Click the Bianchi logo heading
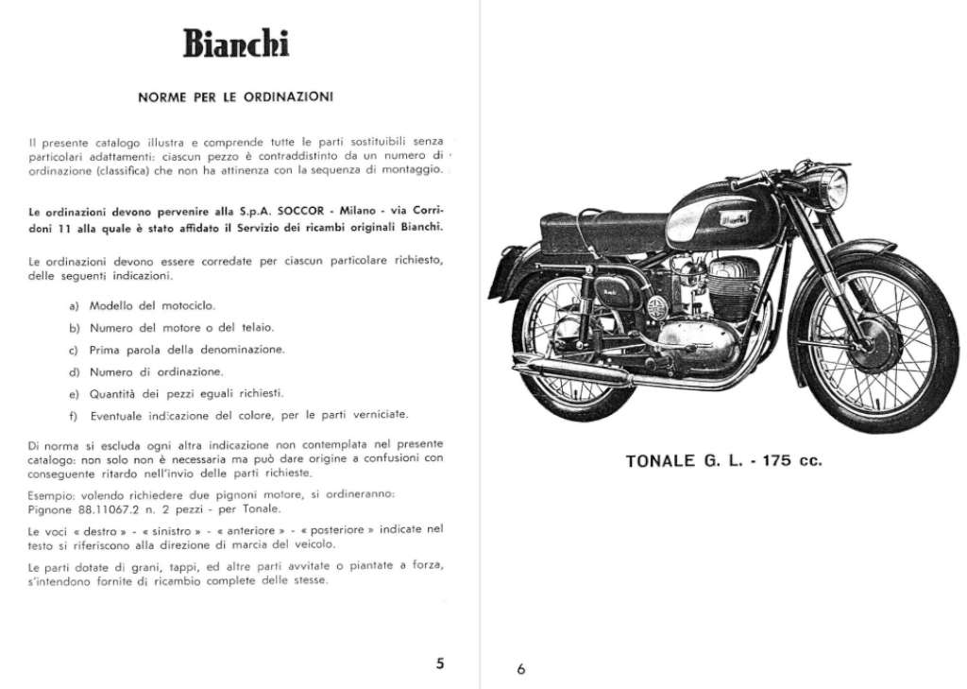235,44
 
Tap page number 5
440,663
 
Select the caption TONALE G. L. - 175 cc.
723,462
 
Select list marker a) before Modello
74,306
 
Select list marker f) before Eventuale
74,416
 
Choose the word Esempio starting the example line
49,493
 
